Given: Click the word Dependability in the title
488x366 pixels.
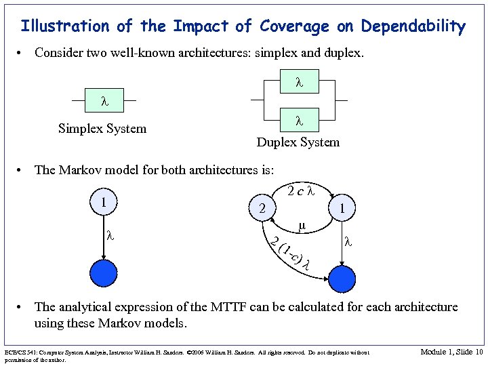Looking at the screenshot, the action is pyautogui.click(x=413, y=26).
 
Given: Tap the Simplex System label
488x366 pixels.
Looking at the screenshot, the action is pyautogui.click(x=102, y=129).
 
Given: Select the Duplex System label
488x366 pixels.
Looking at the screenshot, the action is pyautogui.click(x=298, y=142).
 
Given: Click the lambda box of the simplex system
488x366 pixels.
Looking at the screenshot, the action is pyautogui.click(x=104, y=102).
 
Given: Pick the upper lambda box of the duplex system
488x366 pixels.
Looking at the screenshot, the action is pyautogui.click(x=298, y=83).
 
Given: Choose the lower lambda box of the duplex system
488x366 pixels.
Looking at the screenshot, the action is pyautogui.click(x=298, y=121).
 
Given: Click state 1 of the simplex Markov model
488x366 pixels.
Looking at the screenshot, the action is pyautogui.click(x=103, y=203).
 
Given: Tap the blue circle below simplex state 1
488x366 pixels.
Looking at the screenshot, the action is pyautogui.click(x=103, y=274).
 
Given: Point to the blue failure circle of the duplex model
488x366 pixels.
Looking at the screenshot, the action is pyautogui.click(x=341, y=278).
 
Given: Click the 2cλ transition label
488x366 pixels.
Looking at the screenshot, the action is pyautogui.click(x=300, y=191).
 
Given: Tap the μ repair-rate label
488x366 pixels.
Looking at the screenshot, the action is pyautogui.click(x=302, y=225).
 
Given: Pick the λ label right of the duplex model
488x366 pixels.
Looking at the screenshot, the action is pyautogui.click(x=347, y=240).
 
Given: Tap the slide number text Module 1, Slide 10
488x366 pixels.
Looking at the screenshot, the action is pyautogui.click(x=451, y=352).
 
